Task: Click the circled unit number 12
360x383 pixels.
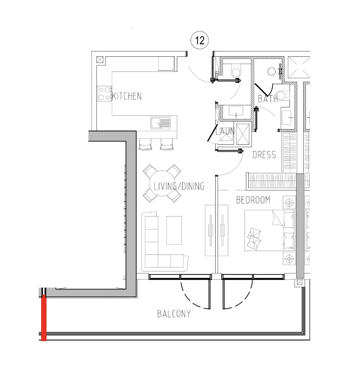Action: [x=200, y=40]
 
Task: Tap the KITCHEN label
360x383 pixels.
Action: [x=127, y=96]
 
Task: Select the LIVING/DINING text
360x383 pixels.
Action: [x=179, y=186]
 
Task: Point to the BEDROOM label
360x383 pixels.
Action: [x=253, y=200]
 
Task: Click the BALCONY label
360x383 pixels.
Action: [x=174, y=314]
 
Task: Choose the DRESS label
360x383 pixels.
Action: [x=264, y=155]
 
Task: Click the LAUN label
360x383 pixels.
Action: [x=225, y=131]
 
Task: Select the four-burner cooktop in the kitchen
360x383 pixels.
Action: [x=105, y=94]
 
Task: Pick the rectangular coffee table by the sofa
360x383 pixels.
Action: [x=174, y=230]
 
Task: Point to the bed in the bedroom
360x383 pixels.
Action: [x=269, y=231]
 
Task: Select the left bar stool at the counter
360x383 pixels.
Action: [x=145, y=144]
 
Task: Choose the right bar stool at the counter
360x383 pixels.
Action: [x=167, y=144]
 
